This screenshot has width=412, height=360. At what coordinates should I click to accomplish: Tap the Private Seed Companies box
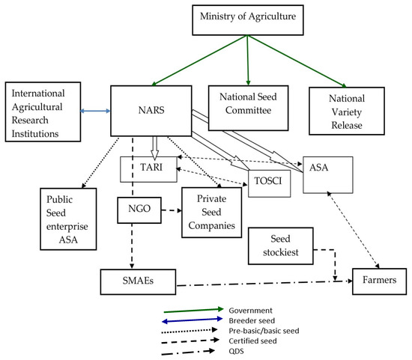pyautogui.click(x=211, y=212)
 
